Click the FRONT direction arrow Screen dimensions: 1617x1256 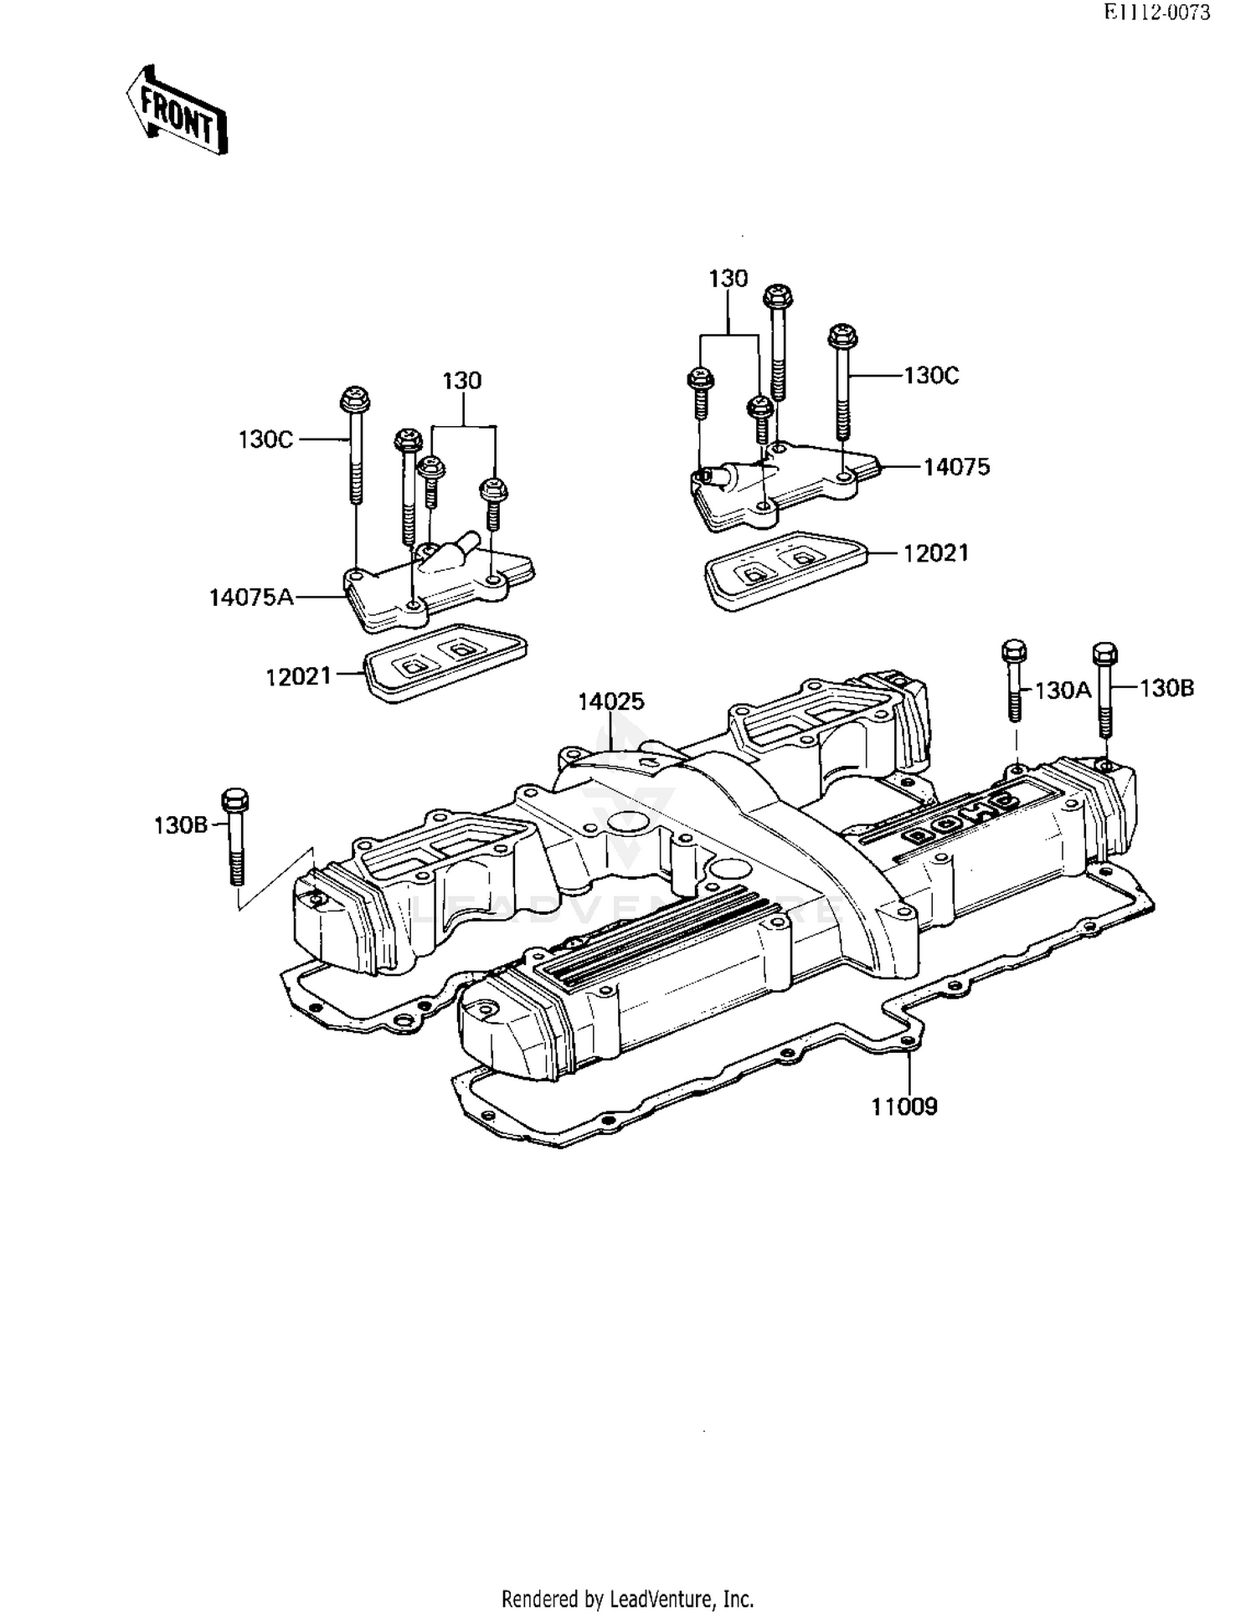[178, 112]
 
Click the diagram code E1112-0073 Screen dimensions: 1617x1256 [1156, 13]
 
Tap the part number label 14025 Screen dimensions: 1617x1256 [611, 701]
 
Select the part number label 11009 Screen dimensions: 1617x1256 [904, 1106]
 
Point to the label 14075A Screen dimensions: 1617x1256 [251, 597]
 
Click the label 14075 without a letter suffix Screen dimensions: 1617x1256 [956, 467]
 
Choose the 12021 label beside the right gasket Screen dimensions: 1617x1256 [935, 553]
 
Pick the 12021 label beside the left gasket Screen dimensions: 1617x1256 [299, 676]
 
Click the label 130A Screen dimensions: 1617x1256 [1063, 690]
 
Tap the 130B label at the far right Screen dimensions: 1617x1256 [1166, 688]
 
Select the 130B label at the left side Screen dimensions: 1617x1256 [180, 825]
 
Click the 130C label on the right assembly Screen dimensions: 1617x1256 [931, 376]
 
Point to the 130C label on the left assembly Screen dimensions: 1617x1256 [265, 439]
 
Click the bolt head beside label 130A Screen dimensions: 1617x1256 [1014, 650]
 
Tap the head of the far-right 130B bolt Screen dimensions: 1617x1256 [1105, 653]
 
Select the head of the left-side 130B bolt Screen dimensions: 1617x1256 [235, 799]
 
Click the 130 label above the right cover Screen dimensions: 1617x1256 [728, 279]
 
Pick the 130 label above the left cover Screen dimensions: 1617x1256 [461, 381]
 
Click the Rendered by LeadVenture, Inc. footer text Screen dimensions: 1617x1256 [627, 1599]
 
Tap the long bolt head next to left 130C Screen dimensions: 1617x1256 [355, 400]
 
